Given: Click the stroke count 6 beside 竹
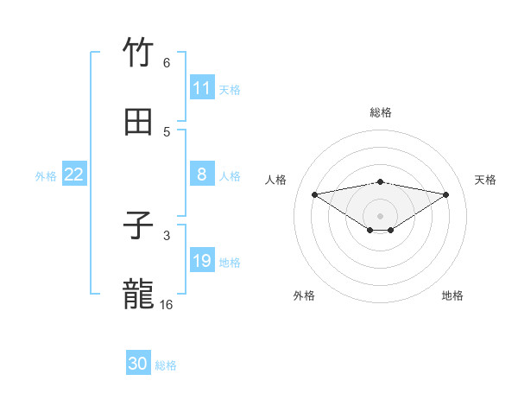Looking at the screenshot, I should [x=167, y=63].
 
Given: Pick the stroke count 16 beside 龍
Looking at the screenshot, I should [x=167, y=305].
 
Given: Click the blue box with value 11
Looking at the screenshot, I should [x=202, y=88].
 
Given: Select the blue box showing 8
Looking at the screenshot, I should [x=202, y=174].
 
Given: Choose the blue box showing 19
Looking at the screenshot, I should [x=202, y=261].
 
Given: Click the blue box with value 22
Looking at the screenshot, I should [x=74, y=174].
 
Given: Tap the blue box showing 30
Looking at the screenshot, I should [x=138, y=364].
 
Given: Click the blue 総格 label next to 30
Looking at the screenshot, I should [x=166, y=365].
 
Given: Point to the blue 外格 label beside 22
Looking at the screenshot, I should [x=46, y=176].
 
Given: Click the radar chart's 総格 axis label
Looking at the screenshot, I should [x=381, y=112].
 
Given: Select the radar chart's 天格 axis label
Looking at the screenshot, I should [x=486, y=180].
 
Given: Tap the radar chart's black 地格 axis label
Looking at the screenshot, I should [x=452, y=295].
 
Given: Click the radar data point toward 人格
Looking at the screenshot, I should [x=314, y=193].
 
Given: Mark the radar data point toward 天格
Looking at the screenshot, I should [x=446, y=193].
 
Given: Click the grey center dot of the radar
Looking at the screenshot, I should [x=381, y=215].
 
